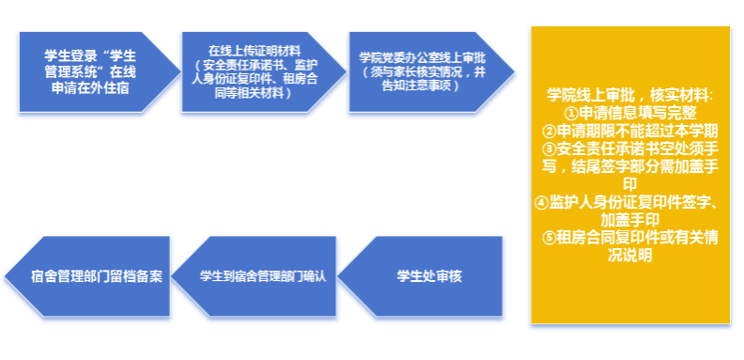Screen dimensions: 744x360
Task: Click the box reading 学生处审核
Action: point(420,276)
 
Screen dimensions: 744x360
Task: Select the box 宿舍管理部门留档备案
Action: point(87,276)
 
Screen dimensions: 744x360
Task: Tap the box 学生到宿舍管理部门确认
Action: point(254,276)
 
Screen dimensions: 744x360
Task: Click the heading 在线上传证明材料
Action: point(255,51)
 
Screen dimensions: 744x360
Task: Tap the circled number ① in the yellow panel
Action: point(573,113)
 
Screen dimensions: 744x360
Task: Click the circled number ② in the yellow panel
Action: point(550,131)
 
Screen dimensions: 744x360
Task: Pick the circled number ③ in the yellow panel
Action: point(550,149)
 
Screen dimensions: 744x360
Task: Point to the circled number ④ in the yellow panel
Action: point(541,203)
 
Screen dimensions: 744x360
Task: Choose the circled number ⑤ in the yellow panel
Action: point(550,238)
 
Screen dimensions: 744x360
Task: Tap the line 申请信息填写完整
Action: point(638,113)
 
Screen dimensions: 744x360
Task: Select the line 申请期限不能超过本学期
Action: point(637,131)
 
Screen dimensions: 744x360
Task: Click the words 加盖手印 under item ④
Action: point(629,220)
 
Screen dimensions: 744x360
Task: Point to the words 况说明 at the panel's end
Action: point(629,256)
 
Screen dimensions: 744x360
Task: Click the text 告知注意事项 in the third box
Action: point(416,86)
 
